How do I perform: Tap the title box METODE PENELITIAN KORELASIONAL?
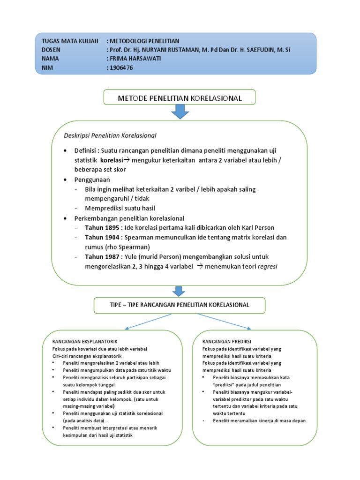tap(180, 98)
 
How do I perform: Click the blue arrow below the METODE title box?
tap(180, 112)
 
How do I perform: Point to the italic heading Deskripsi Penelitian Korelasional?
tap(110, 135)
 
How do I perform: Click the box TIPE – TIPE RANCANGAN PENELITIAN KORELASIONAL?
tap(180, 305)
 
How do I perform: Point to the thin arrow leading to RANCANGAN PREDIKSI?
tap(224, 322)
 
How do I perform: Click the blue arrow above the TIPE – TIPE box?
tap(180, 291)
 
